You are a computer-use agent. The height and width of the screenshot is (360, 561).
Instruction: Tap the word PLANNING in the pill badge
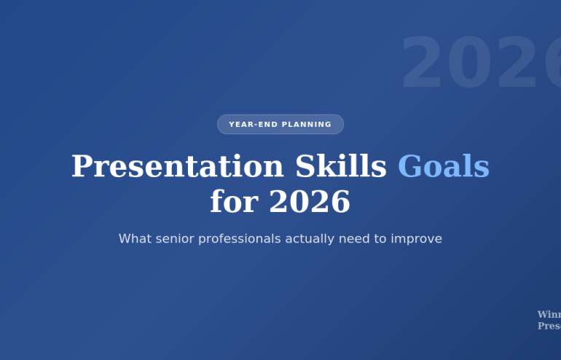tap(306, 125)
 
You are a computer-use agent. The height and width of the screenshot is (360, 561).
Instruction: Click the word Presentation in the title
tap(177, 167)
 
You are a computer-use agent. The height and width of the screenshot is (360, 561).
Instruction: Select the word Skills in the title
tap(340, 167)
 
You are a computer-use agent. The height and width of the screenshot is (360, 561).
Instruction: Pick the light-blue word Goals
tap(443, 167)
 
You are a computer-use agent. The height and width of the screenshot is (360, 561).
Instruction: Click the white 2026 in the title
tap(310, 202)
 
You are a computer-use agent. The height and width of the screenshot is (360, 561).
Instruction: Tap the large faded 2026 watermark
tap(481, 64)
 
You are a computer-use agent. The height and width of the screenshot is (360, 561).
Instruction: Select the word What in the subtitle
tap(136, 239)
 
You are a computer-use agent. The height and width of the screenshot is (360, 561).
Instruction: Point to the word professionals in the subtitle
tap(244, 239)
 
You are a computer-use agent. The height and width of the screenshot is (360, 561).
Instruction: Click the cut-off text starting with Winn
tap(549, 315)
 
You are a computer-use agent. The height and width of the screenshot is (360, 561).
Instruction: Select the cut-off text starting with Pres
tap(549, 326)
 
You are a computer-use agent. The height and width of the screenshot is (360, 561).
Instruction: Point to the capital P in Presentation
tap(81, 167)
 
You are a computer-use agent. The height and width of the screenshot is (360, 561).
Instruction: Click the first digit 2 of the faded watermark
tap(423, 64)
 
